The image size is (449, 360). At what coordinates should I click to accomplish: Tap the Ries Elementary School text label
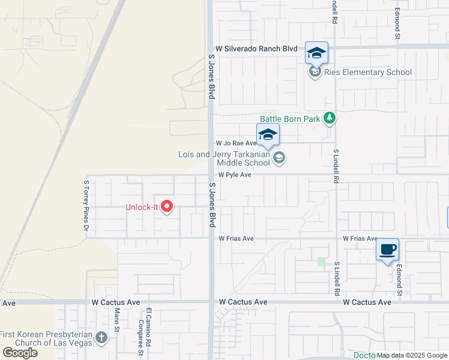click(367, 73)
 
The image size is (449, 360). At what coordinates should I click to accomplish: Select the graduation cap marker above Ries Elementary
click(316, 53)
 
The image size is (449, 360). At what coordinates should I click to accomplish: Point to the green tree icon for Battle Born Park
click(329, 118)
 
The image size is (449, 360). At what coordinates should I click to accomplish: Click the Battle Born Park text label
click(290, 119)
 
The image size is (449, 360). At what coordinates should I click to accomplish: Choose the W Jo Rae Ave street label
click(237, 143)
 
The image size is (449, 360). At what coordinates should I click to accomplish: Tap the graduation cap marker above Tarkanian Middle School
click(268, 135)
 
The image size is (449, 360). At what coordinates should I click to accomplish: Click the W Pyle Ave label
click(234, 175)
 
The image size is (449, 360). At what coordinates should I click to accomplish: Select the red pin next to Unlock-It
click(167, 207)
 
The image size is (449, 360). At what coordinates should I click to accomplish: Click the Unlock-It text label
click(141, 208)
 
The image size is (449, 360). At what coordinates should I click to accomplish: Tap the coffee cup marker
click(387, 249)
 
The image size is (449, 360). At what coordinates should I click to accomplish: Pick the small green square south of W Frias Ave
click(321, 262)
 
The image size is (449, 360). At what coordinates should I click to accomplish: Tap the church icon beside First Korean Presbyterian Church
click(101, 338)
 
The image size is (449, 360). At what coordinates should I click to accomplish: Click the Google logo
click(20, 353)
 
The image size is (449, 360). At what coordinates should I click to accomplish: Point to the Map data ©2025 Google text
click(412, 355)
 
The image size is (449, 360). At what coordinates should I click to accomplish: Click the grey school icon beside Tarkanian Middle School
click(279, 158)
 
